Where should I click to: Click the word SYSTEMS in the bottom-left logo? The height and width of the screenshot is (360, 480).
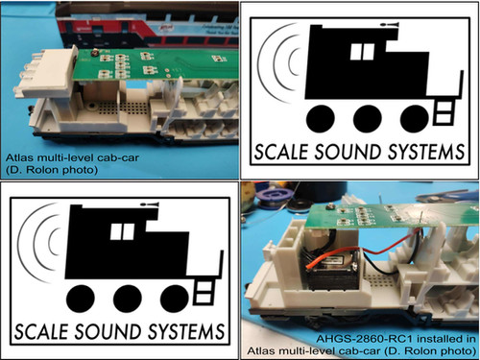coord(189,324)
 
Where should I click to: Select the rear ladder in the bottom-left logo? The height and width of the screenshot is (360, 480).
coord(204,287)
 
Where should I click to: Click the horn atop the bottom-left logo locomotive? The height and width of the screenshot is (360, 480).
coord(149,203)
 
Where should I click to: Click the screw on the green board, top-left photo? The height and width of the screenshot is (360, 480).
coord(97,48)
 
